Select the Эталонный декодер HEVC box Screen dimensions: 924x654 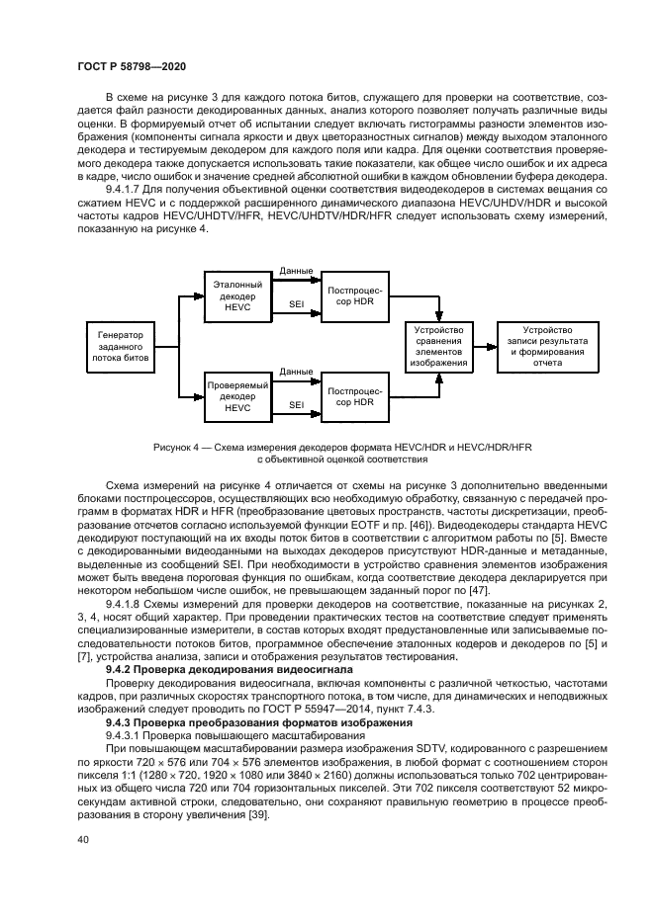coord(238,297)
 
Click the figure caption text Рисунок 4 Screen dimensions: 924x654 coord(179,448)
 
